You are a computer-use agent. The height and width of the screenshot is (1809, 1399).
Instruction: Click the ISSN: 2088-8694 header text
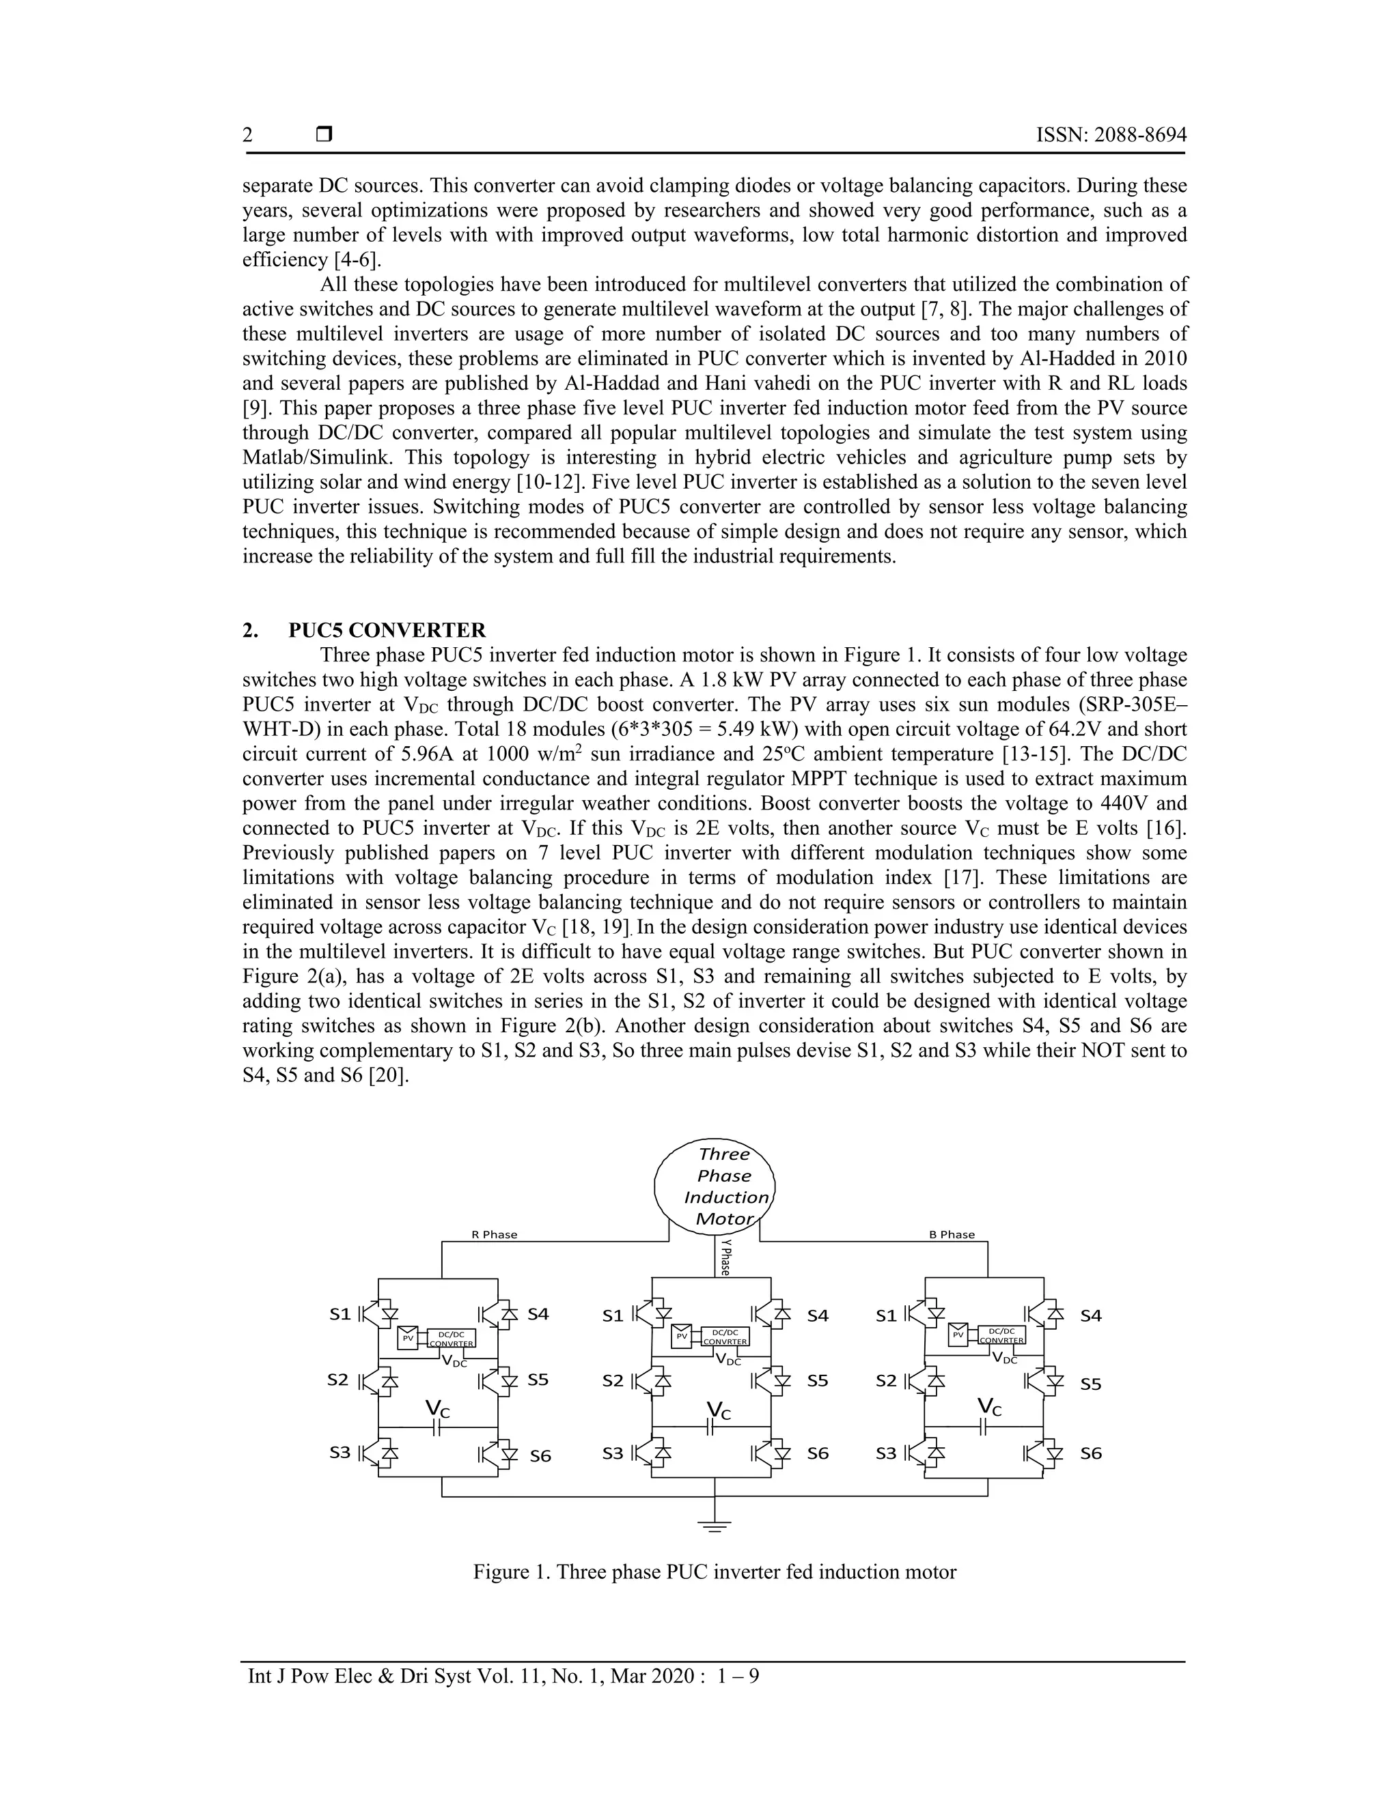(x=1111, y=135)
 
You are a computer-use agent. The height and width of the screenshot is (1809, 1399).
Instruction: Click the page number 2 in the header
(x=248, y=135)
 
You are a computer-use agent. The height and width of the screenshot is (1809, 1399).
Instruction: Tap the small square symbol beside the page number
(x=324, y=134)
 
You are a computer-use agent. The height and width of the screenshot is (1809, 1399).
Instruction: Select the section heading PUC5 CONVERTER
(x=387, y=630)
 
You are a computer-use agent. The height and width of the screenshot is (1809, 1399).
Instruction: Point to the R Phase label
(x=494, y=1235)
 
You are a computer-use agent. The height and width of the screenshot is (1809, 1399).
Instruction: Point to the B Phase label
(x=952, y=1235)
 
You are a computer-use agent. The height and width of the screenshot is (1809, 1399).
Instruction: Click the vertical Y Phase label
(x=725, y=1257)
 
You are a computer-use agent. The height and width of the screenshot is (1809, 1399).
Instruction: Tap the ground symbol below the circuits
(x=715, y=1525)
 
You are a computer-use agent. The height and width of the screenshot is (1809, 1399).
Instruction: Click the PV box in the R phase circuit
(x=408, y=1338)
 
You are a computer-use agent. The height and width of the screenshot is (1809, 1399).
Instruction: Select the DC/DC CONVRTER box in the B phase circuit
(x=1002, y=1335)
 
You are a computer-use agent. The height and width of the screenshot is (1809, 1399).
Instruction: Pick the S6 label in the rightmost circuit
(x=1091, y=1453)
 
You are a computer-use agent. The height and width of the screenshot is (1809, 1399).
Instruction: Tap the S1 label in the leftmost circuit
(x=340, y=1313)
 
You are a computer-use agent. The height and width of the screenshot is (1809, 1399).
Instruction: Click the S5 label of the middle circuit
(x=817, y=1381)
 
